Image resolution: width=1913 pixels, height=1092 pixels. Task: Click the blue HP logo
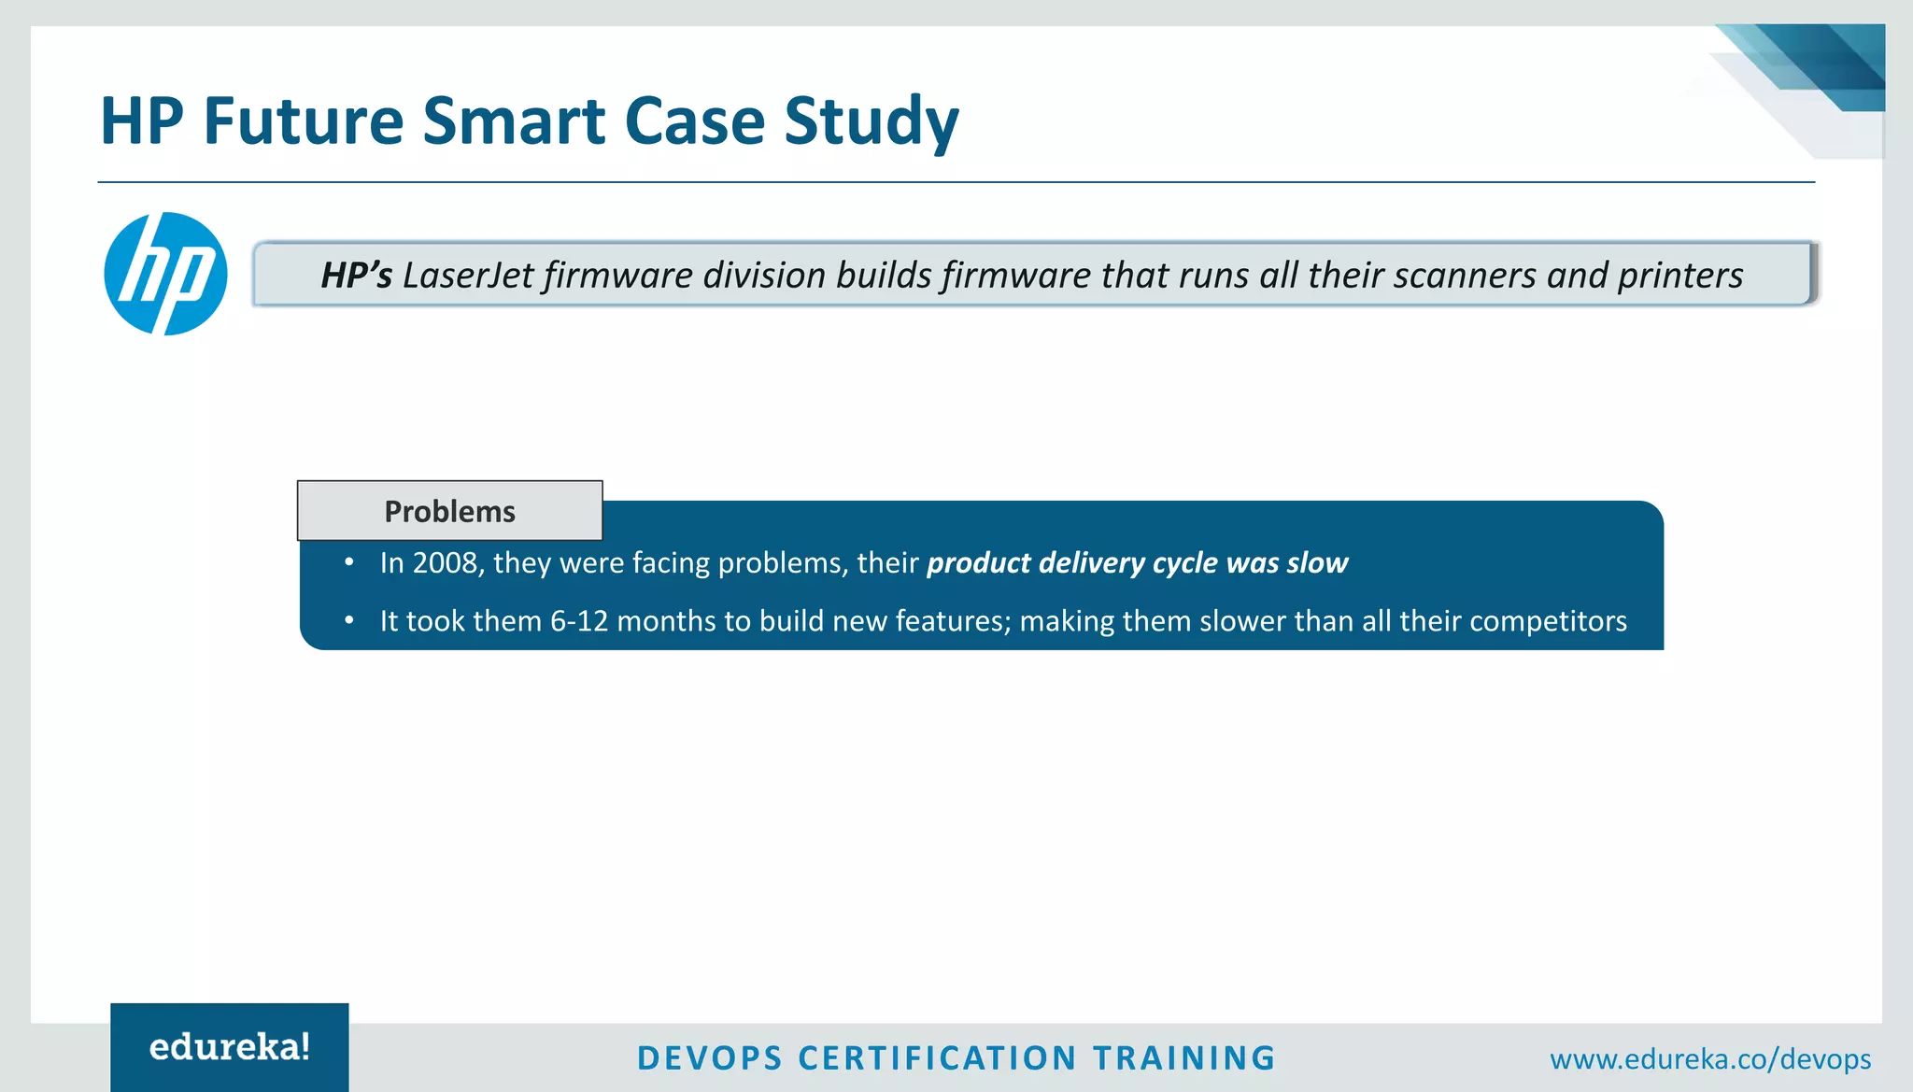coord(165,274)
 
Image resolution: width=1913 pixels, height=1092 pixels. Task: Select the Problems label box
coord(449,511)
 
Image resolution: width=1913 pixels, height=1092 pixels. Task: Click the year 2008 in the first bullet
coord(445,563)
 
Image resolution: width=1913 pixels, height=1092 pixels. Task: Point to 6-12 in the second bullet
coord(579,621)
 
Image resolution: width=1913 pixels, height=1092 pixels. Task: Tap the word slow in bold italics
coord(1317,563)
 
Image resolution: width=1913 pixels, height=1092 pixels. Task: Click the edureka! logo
coord(230,1047)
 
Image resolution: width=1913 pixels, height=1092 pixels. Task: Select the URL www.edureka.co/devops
coord(1710,1059)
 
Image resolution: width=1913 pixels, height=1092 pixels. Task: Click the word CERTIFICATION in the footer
coord(938,1058)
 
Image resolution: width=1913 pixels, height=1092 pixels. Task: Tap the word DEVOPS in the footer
coord(710,1058)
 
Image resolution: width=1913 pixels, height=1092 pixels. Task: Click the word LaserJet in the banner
coord(468,276)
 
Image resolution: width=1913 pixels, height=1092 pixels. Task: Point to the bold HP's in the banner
coord(356,276)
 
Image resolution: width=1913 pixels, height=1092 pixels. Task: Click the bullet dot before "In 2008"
coord(349,562)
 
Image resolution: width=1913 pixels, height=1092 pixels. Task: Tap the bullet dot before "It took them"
coord(349,620)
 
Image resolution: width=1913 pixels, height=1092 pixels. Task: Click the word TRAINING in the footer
coord(1183,1058)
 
